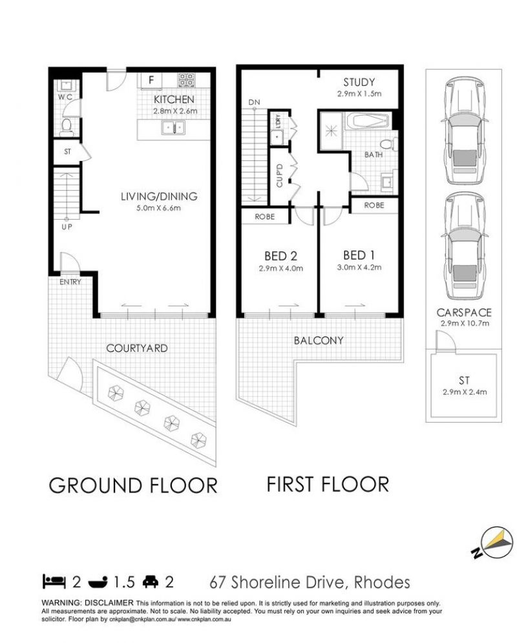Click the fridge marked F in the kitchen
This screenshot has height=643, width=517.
151,80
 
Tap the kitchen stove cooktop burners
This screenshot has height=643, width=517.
186,79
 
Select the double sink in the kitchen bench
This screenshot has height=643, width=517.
173,127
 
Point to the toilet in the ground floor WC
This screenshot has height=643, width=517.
66,127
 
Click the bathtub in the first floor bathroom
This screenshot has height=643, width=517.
367,121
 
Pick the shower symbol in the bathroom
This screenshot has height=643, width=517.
330,131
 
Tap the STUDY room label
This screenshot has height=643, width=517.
359,82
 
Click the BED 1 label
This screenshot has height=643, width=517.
359,255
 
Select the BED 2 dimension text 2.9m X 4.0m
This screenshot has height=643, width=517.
281,269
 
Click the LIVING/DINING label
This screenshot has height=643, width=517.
159,196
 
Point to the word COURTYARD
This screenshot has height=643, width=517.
137,348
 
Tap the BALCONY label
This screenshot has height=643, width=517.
319,341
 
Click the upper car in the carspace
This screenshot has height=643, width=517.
465,131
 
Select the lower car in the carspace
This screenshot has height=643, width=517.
465,246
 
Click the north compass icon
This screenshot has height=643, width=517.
494,542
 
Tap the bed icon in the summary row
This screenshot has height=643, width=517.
54,582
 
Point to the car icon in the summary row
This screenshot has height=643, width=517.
151,582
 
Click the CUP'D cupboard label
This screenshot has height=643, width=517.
280,176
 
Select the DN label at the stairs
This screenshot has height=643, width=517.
254,102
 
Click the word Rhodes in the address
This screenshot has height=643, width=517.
382,582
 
